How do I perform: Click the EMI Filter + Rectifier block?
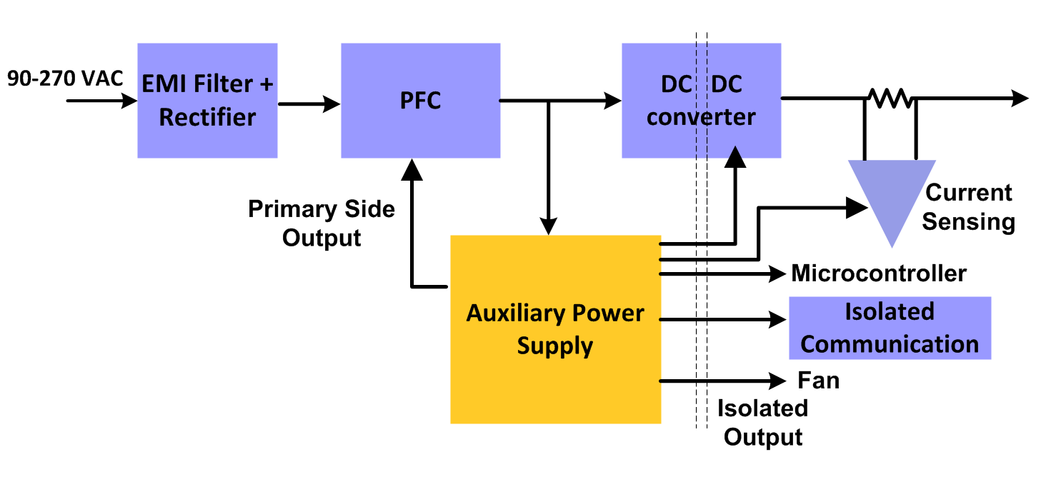click(x=207, y=101)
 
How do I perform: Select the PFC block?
click(x=420, y=101)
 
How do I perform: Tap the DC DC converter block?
click(x=701, y=101)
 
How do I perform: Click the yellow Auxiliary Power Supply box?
click(x=555, y=329)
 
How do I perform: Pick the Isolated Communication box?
click(x=890, y=328)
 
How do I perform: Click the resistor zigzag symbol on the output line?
click(x=890, y=99)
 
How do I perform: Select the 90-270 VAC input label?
click(x=66, y=78)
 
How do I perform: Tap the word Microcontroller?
click(x=879, y=273)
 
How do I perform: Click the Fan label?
click(x=818, y=381)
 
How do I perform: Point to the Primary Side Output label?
click(x=322, y=223)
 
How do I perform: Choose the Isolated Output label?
click(x=763, y=422)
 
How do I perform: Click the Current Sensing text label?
click(x=969, y=207)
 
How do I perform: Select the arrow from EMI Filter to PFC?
click(x=309, y=104)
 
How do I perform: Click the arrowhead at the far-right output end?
click(x=1020, y=99)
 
